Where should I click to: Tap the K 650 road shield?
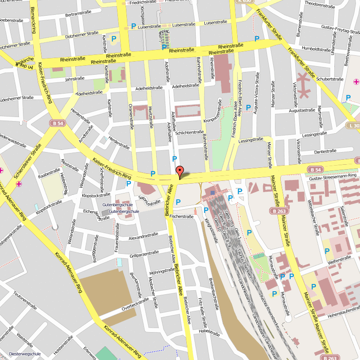click(245, 1)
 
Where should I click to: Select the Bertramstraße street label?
click(75, 14)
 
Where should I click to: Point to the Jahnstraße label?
click(75, 79)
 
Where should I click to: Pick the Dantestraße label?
click(325, 152)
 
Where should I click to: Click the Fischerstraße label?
click(181, 216)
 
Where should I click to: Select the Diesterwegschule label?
click(25, 354)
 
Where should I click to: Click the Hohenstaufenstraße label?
click(344, 310)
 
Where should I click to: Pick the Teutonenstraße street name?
click(24, 300)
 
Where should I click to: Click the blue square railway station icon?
click(213, 193)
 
